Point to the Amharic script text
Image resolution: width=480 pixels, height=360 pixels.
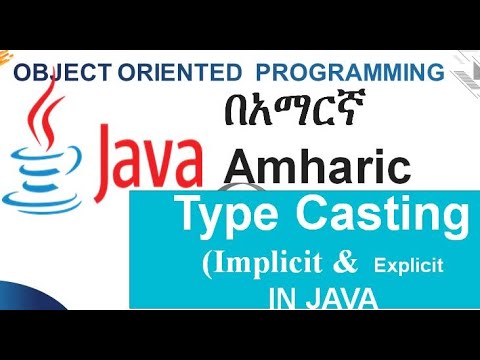click(287, 114)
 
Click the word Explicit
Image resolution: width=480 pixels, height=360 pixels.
click(409, 268)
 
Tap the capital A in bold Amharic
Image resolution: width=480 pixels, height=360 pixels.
click(245, 162)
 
